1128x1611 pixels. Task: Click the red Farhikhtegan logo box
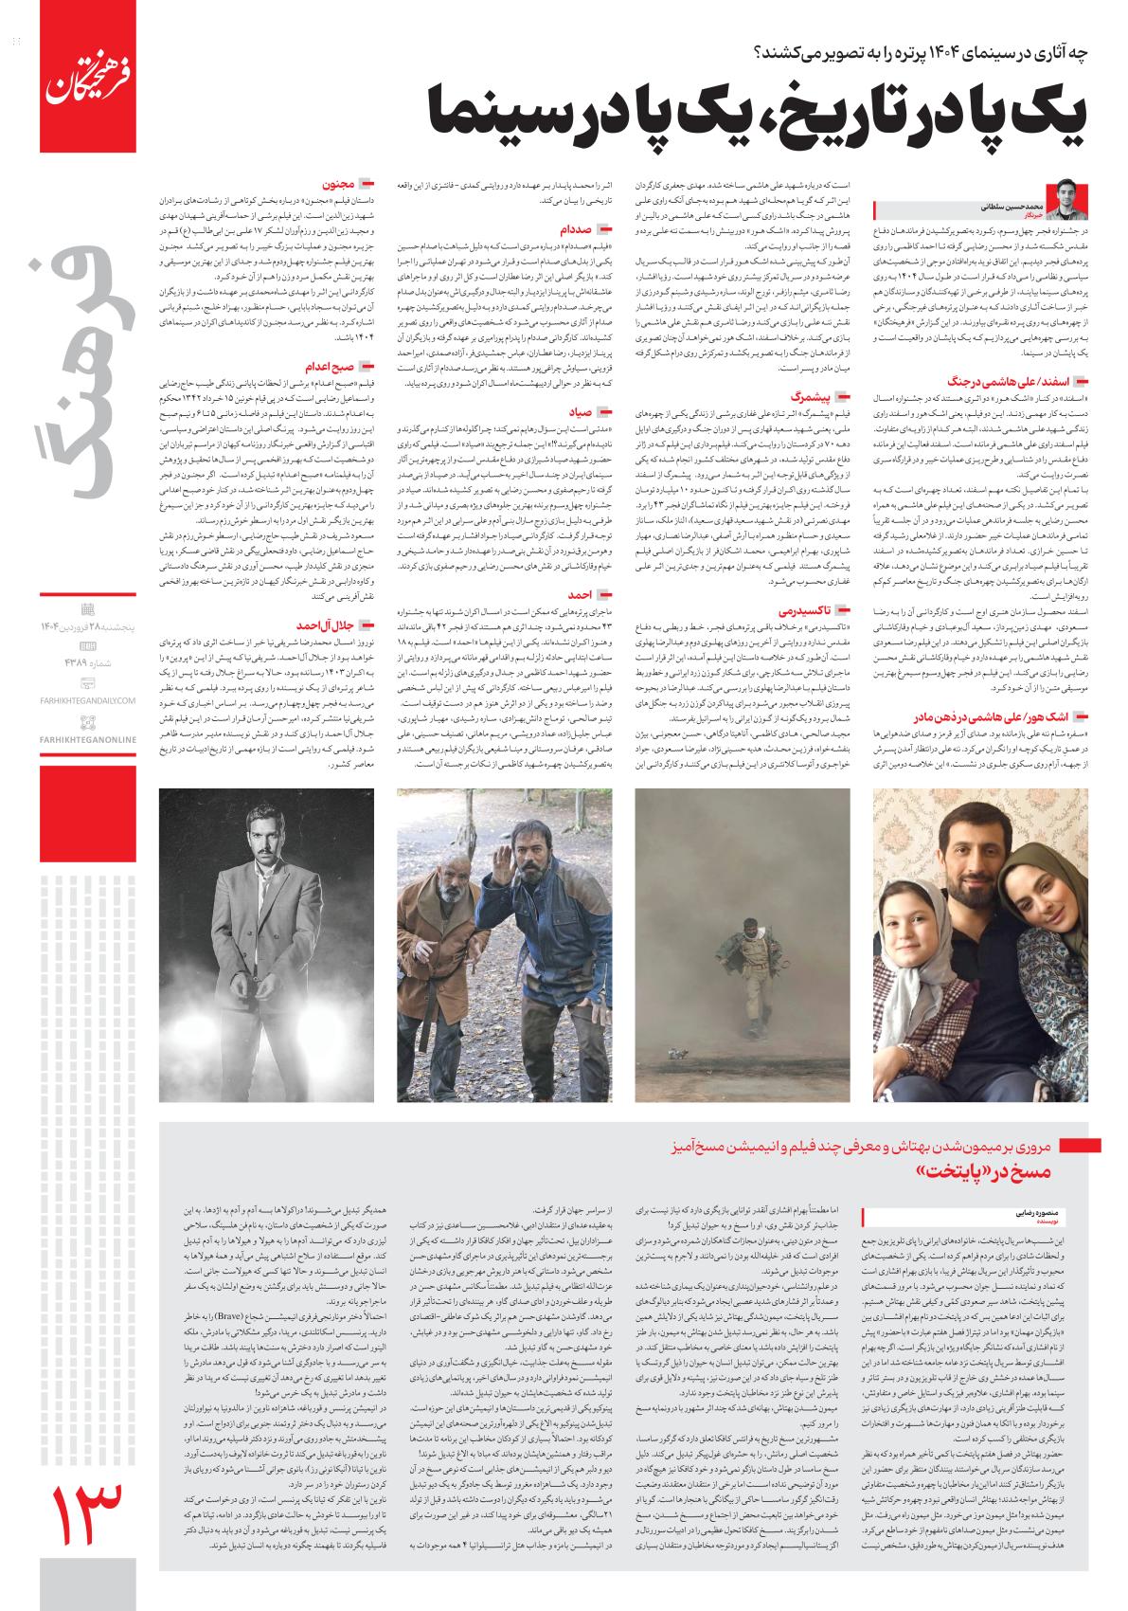tap(82, 77)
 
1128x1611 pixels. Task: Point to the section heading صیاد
tap(580, 412)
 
